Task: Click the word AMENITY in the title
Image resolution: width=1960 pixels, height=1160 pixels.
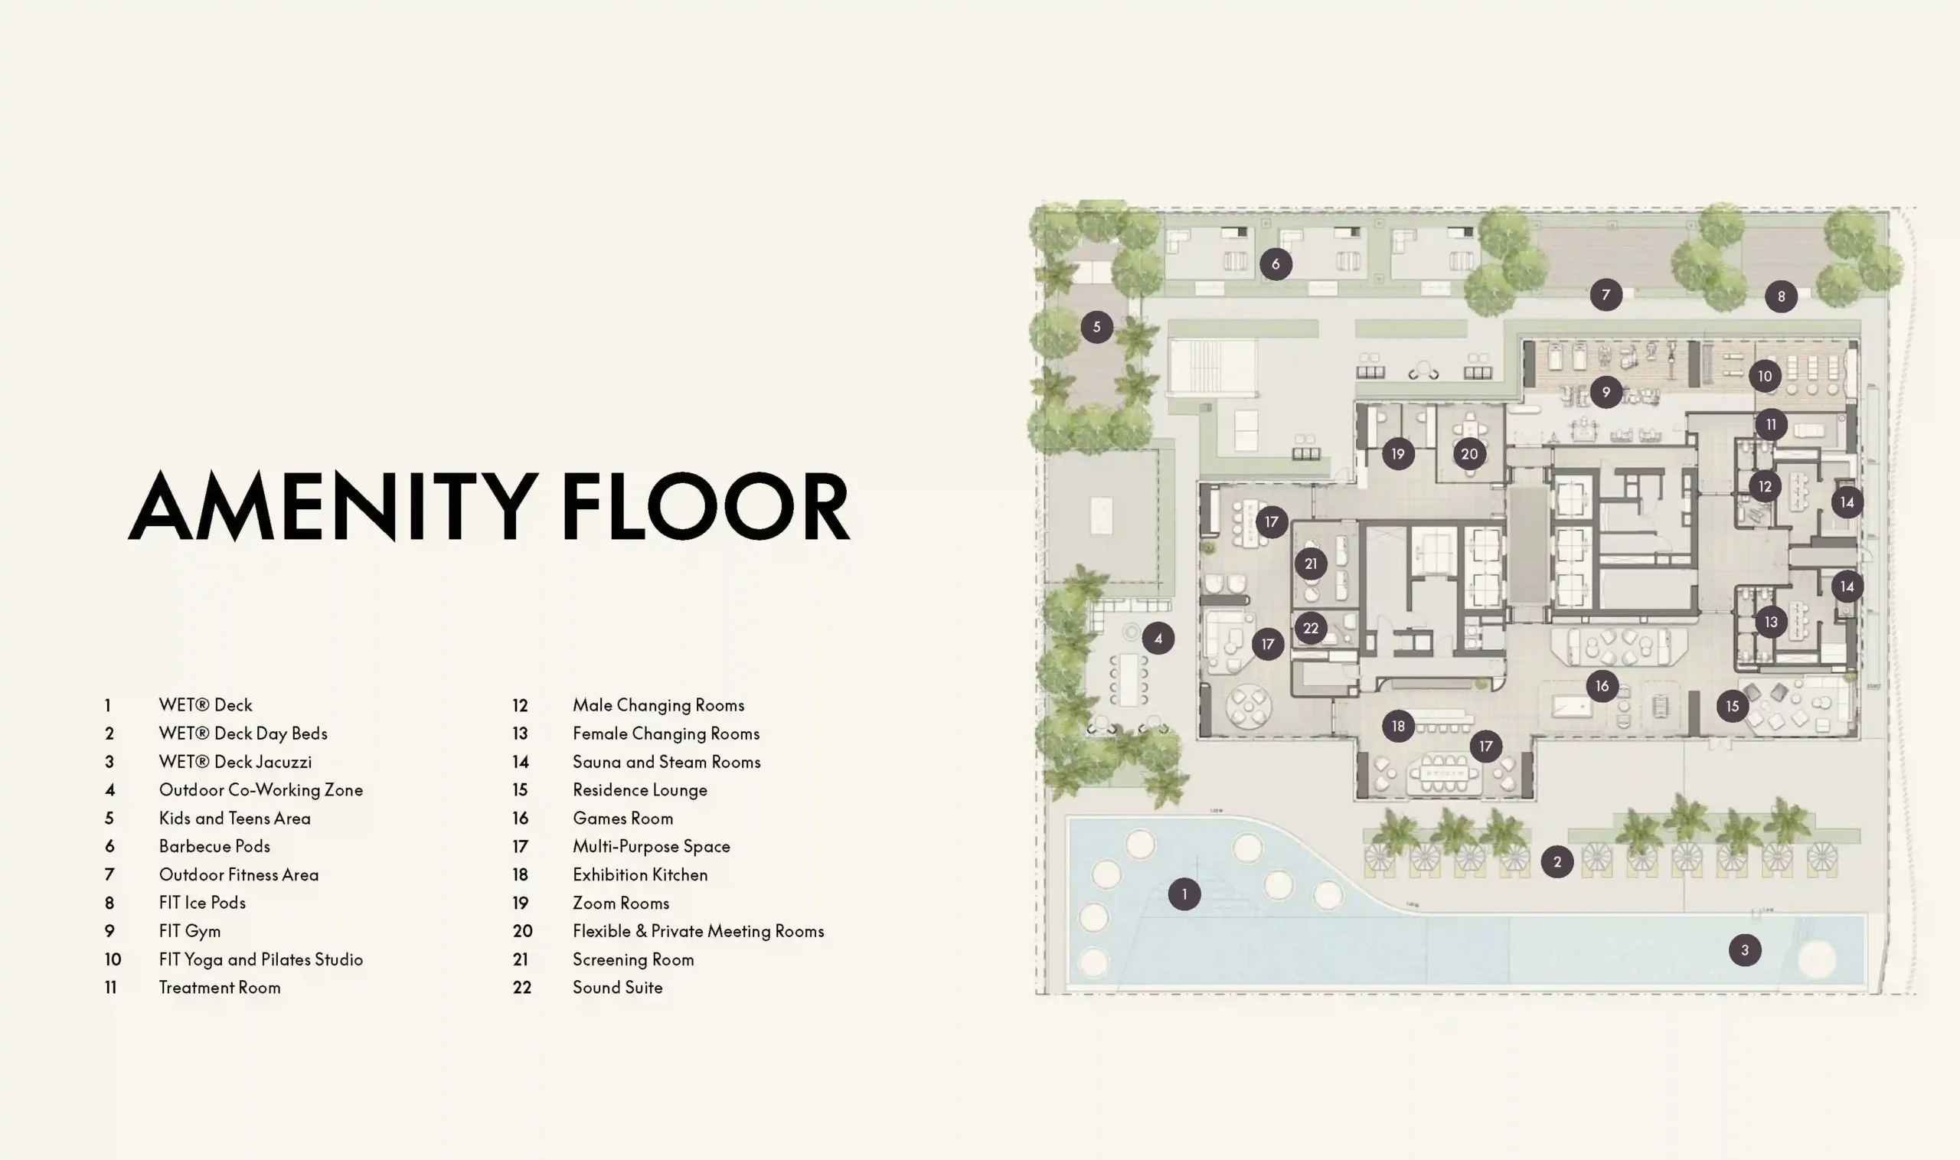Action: tap(334, 506)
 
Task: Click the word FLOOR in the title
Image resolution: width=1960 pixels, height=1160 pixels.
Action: tap(706, 506)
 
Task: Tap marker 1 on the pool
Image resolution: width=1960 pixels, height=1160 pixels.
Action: tap(1184, 894)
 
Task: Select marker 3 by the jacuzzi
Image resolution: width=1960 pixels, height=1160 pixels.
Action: tap(1744, 949)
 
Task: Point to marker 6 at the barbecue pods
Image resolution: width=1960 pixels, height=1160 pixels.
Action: tap(1276, 263)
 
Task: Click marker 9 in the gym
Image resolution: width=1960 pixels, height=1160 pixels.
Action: tap(1606, 391)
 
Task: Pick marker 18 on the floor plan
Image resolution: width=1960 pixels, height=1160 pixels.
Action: tap(1398, 726)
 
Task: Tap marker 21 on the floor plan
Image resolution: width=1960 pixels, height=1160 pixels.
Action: tap(1311, 564)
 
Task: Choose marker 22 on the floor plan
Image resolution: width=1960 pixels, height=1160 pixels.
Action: tap(1311, 628)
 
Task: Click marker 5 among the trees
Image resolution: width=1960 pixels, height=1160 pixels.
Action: tap(1096, 327)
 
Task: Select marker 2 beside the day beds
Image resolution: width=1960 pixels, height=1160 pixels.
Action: tap(1557, 861)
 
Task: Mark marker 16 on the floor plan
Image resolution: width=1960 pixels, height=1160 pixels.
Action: tap(1602, 685)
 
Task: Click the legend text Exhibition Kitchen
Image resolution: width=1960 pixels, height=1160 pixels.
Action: tap(640, 874)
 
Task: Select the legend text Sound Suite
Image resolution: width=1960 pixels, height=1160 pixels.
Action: tap(617, 987)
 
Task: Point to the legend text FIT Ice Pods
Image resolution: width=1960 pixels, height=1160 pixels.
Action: tap(202, 903)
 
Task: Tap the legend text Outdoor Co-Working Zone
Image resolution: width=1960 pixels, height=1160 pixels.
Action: tap(261, 790)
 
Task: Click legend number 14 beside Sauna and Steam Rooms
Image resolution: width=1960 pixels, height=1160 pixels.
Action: tap(521, 762)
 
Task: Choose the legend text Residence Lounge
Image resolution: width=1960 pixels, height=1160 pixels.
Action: tap(640, 790)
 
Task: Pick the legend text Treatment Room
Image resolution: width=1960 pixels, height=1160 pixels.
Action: tap(220, 987)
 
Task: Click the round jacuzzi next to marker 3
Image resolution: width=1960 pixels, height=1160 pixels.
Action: tap(1817, 960)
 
